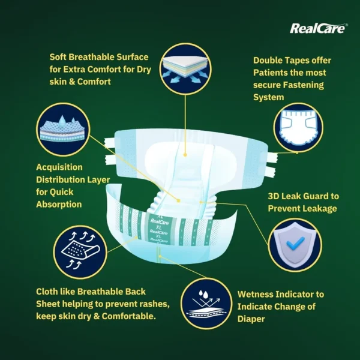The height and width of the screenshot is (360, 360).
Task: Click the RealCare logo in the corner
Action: pos(319,28)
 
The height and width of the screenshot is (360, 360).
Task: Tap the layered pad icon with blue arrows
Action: pos(185,69)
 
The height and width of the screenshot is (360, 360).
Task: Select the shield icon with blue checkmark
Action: pos(295,245)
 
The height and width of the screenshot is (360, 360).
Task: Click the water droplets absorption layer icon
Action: pos(63,129)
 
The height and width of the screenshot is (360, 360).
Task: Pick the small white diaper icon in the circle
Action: pos(298,127)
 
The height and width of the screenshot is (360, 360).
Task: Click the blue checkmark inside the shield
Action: pos(295,244)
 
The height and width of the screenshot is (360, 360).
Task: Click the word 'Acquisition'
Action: pos(59,167)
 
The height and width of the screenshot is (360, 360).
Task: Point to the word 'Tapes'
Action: pos(296,61)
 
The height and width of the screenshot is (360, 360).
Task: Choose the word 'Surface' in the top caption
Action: pos(133,57)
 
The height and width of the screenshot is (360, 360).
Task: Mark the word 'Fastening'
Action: pos(303,85)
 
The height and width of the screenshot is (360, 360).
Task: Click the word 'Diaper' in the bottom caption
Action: pos(251,319)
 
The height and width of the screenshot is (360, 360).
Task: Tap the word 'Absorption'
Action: pos(59,205)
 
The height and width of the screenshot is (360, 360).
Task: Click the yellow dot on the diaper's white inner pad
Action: pos(185,155)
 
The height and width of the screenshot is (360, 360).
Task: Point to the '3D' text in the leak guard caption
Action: pos(273,196)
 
